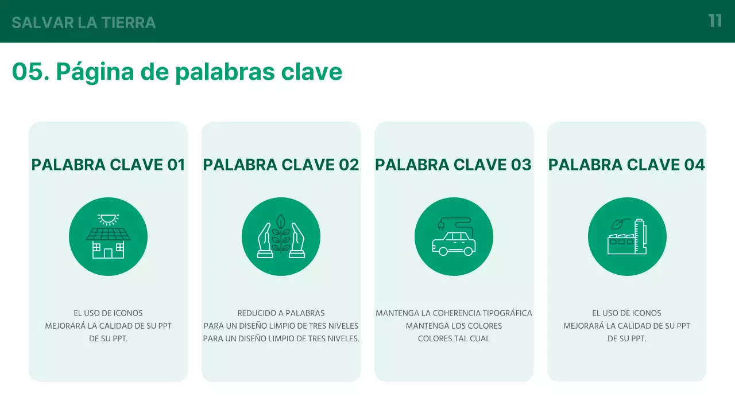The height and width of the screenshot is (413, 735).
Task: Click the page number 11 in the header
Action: pyautogui.click(x=715, y=21)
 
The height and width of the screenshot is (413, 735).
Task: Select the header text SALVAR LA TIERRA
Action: pyautogui.click(x=84, y=23)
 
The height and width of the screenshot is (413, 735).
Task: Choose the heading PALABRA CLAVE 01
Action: pyautogui.click(x=108, y=165)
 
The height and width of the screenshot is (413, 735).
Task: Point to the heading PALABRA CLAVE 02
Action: pyautogui.click(x=281, y=165)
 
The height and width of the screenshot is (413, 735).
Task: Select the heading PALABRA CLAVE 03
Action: pyautogui.click(x=453, y=165)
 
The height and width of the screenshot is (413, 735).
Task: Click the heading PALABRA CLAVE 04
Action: pyautogui.click(x=626, y=165)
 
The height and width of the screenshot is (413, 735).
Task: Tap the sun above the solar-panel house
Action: pyautogui.click(x=108, y=219)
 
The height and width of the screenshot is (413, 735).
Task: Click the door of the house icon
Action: pyautogui.click(x=108, y=253)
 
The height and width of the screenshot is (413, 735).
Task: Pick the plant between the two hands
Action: pyautogui.click(x=281, y=235)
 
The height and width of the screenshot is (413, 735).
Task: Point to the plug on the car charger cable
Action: pyautogui.click(x=440, y=226)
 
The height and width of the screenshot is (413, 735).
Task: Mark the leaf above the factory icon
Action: pyautogui.click(x=618, y=224)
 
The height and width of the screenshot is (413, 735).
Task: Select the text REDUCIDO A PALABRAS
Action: pyautogui.click(x=281, y=313)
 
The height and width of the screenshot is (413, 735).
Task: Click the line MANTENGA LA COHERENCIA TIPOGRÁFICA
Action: pyautogui.click(x=454, y=313)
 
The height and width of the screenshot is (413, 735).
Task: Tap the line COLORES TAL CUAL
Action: pyautogui.click(x=454, y=338)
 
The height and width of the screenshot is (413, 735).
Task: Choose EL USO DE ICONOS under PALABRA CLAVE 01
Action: pyautogui.click(x=108, y=313)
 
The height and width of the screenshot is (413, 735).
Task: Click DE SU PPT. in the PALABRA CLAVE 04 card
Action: pyautogui.click(x=626, y=338)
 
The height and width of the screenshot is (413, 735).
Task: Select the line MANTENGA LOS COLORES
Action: pyautogui.click(x=454, y=326)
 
